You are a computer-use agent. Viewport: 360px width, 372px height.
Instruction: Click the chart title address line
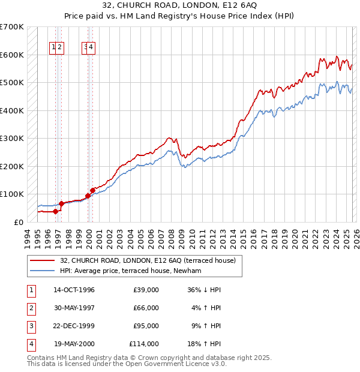179,5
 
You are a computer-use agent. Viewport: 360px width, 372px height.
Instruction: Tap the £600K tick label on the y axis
12,55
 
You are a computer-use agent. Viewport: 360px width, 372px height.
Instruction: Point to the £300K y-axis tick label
12,138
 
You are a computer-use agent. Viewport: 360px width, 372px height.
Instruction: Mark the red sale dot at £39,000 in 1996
55,211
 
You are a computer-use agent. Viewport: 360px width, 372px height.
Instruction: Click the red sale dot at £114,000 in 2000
92,190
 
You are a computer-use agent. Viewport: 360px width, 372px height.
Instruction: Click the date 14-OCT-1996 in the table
74,290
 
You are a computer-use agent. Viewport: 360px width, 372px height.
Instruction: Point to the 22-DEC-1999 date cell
74,326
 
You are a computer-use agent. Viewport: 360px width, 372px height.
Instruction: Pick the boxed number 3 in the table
30,326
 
